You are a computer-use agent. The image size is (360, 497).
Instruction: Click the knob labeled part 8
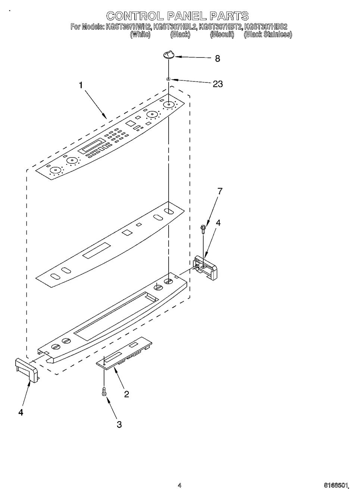pyautogui.click(x=168, y=56)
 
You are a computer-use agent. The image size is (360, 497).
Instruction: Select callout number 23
pyautogui.click(x=217, y=84)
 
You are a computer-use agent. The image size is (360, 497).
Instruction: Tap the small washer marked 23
pyautogui.click(x=169, y=79)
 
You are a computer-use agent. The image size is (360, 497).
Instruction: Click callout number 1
pyautogui.click(x=80, y=85)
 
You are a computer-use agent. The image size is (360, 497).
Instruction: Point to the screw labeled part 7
pyautogui.click(x=203, y=229)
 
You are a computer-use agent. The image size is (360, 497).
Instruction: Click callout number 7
pyautogui.click(x=220, y=191)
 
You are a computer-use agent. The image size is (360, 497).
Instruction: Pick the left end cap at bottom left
pyautogui.click(x=26, y=369)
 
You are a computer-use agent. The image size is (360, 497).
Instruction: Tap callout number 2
pyautogui.click(x=126, y=394)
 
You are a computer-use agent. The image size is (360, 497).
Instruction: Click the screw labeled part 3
pyautogui.click(x=104, y=391)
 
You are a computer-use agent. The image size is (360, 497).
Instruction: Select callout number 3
pyautogui.click(x=119, y=424)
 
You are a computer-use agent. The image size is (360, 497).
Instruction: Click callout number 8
pyautogui.click(x=217, y=59)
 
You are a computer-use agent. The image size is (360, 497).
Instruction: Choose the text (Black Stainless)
pyautogui.click(x=267, y=34)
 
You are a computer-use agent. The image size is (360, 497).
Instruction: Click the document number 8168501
pyautogui.click(x=336, y=485)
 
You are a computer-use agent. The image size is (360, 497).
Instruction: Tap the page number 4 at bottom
pyautogui.click(x=179, y=485)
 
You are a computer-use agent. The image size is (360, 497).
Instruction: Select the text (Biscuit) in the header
pyautogui.click(x=222, y=34)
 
